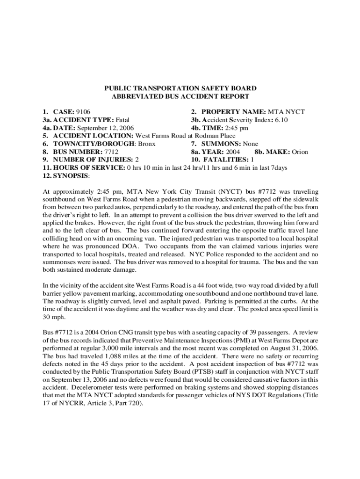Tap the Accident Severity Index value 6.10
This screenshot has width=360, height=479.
point(278,120)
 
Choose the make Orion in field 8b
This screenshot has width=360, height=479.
point(300,152)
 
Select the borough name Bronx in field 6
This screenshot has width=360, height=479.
point(145,144)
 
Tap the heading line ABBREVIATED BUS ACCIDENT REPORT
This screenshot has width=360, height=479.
point(180,96)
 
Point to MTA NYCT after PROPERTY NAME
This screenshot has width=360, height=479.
point(286,112)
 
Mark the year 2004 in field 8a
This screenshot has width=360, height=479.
point(233,152)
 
